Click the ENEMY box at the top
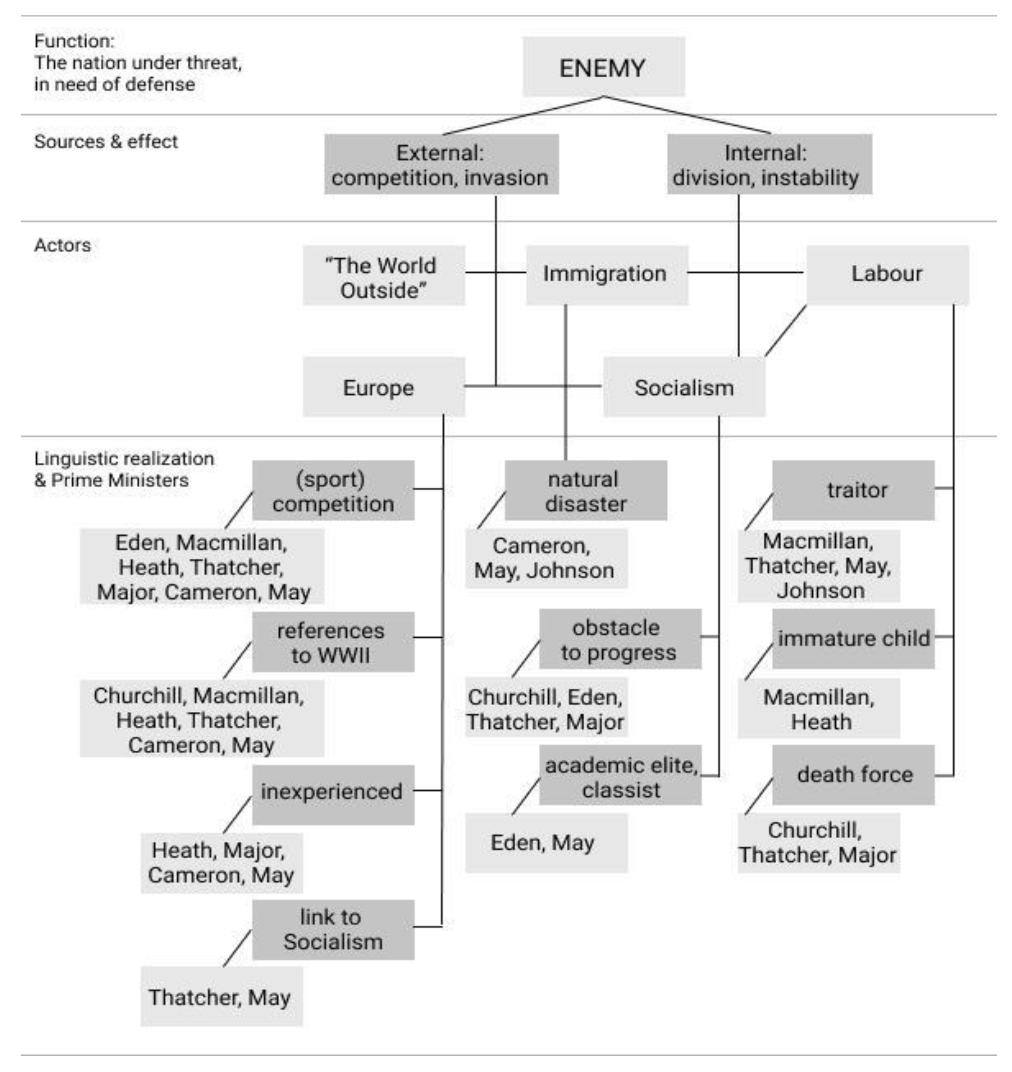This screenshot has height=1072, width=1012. tap(603, 67)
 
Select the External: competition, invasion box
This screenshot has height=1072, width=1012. tap(441, 164)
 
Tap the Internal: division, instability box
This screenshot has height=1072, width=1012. tap(769, 164)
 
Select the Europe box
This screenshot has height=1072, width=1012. tap(383, 387)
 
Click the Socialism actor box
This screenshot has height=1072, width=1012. tap(684, 387)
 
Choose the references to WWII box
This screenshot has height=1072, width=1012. tap(333, 642)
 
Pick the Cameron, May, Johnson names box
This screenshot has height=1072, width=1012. tap(546, 559)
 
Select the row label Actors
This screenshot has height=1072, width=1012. tap(63, 245)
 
